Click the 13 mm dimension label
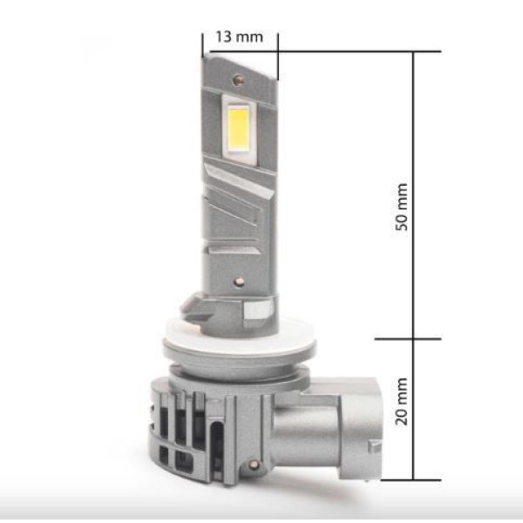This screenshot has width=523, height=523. pyautogui.click(x=240, y=37)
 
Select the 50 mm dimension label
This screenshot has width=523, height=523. pyautogui.click(x=402, y=207)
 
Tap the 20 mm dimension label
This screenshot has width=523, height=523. pyautogui.click(x=402, y=402)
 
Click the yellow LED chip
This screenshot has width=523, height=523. pyautogui.click(x=239, y=128)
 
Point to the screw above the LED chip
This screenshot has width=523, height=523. pyautogui.click(x=238, y=79)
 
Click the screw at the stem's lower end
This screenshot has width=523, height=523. pyautogui.click(x=239, y=282)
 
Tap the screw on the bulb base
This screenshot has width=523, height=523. pyautogui.click(x=255, y=464)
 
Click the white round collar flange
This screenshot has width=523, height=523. pyautogui.click(x=240, y=343)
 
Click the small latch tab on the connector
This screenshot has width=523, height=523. pyautogui.click(x=375, y=445)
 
